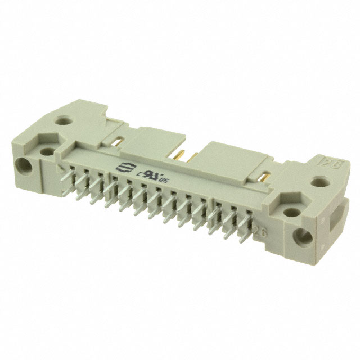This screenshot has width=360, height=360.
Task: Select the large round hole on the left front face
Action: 24,166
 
